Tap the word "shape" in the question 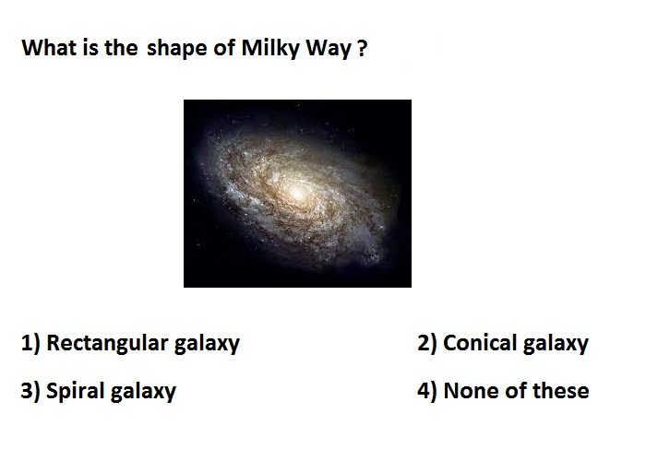(177, 50)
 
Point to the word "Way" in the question (329, 50)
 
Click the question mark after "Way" (362, 48)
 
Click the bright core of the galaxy (296, 193)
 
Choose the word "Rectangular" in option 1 (108, 343)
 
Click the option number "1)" (30, 343)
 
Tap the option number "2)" (426, 343)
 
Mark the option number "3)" (30, 391)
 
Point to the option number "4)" (427, 391)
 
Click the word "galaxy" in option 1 (207, 345)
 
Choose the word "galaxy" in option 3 (143, 392)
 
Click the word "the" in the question (120, 47)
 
